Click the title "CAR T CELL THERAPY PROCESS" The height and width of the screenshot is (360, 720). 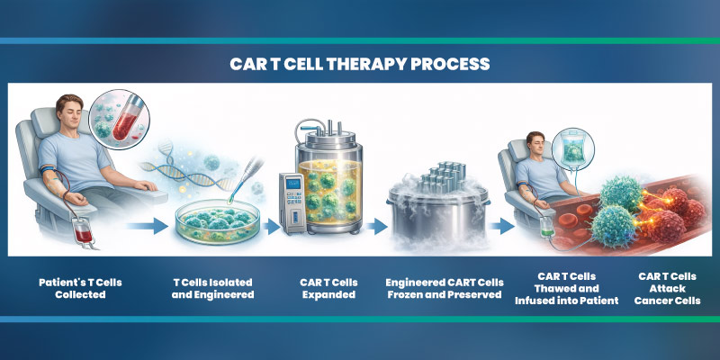point(359,65)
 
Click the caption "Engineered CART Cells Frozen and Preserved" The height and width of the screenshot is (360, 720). point(443,287)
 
